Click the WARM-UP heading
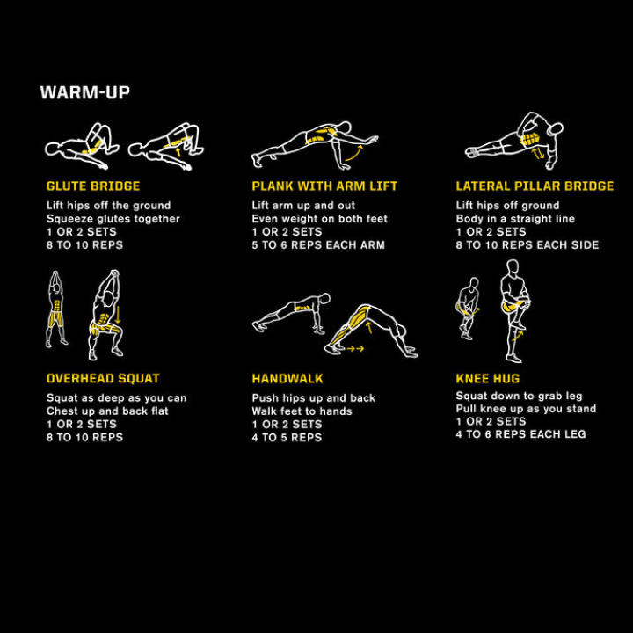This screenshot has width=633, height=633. point(85,92)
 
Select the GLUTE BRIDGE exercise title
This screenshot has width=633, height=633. point(93,186)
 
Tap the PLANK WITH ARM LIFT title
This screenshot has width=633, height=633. point(324,186)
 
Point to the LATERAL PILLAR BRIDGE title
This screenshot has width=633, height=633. point(535,186)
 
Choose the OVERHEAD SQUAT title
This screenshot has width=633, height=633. point(103,379)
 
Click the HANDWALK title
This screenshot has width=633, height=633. point(287,379)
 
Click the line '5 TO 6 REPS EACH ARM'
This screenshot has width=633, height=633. point(318,245)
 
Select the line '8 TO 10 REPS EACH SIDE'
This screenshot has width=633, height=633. point(527,245)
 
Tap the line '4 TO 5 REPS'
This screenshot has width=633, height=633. point(287,438)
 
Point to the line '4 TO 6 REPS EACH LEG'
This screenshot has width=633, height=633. point(520,434)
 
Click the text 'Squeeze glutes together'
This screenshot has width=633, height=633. point(113,219)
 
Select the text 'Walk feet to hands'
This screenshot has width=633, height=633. point(302,411)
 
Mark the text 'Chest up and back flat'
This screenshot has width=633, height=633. point(107,411)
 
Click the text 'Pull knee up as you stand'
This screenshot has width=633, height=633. point(526,409)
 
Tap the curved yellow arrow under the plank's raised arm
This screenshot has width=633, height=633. point(353,156)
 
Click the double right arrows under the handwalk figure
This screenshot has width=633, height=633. point(355,349)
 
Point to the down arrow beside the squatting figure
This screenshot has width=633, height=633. point(117,314)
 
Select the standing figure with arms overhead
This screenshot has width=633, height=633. point(57,309)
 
